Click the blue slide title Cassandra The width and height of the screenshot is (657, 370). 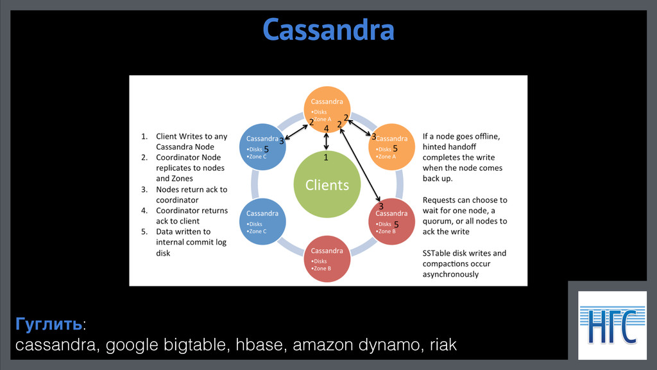tap(328, 30)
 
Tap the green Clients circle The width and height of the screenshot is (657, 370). tap(327, 184)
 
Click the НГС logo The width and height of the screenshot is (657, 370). tap(612, 325)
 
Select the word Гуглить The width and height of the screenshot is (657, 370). tap(49, 324)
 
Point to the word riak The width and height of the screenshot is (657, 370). tap(443, 344)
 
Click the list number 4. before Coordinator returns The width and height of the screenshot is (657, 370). tap(144, 211)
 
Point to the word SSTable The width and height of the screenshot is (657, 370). tap(436, 253)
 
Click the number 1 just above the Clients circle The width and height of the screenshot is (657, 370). tap(325, 157)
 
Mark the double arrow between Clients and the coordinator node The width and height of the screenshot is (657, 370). tap(326, 141)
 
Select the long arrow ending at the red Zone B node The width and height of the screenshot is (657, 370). tap(360, 165)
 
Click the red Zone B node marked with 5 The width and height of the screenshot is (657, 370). tap(391, 222)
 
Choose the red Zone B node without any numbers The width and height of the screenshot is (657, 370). tap(327, 259)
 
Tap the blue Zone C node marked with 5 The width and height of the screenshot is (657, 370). tap(262, 147)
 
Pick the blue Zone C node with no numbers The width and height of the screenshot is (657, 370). tap(262, 222)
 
